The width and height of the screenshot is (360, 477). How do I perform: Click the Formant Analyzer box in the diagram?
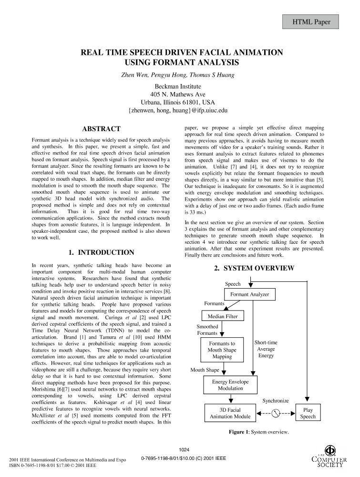coord(249,295)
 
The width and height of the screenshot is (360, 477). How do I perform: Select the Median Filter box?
coord(222,316)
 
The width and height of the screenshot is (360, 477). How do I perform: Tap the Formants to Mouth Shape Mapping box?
coord(222,350)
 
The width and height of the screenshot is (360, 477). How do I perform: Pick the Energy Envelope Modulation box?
coord(230,385)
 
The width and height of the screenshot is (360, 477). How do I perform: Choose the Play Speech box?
coord(308,413)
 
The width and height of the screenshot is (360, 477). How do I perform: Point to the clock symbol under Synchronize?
coord(276,413)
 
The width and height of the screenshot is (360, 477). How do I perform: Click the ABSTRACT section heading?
coord(101,129)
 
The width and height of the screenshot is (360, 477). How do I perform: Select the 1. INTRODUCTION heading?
coord(101,252)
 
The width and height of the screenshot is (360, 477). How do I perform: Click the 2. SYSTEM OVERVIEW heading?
coord(254,269)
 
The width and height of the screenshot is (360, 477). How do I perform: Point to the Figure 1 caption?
coord(258,432)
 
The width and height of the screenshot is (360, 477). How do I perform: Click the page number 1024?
coord(184,450)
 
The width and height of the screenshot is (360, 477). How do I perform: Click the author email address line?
coord(178,110)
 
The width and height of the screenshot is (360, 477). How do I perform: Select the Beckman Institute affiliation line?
coord(178,87)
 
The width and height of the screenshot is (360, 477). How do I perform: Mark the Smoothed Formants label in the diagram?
coord(207,330)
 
